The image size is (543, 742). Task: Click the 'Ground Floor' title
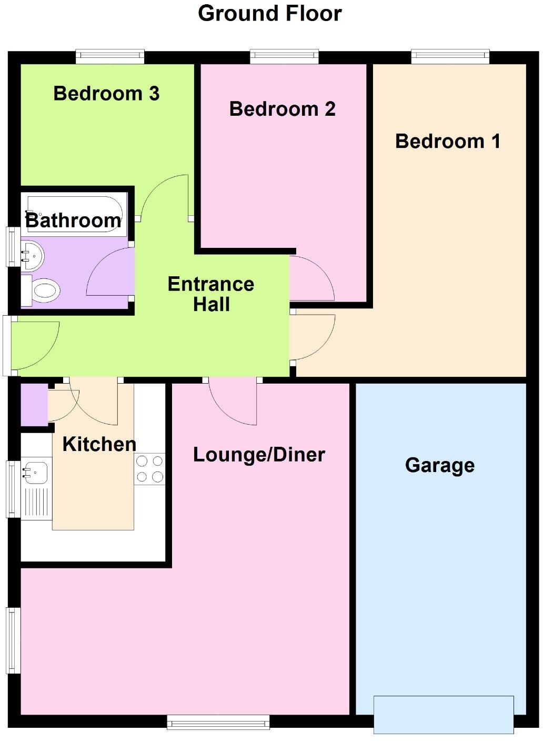point(270,13)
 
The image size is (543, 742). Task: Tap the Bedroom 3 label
point(106,94)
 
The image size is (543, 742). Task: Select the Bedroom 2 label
point(282,109)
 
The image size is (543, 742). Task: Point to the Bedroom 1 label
point(447,141)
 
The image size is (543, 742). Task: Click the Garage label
point(440,465)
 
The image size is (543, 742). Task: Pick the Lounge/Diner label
point(259,455)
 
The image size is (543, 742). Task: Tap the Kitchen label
point(99,444)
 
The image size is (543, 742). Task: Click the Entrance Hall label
point(211,294)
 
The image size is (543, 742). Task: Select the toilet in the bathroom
point(42,290)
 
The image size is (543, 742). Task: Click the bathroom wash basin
point(32,256)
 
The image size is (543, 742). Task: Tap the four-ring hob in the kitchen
point(149,469)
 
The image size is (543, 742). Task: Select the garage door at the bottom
point(444,714)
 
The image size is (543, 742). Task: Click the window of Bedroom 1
point(450,56)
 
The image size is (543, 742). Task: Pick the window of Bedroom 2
point(284,56)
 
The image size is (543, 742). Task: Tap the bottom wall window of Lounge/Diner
point(218,722)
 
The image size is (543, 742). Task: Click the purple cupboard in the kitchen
point(34,405)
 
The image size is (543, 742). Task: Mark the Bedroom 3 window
point(110,56)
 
